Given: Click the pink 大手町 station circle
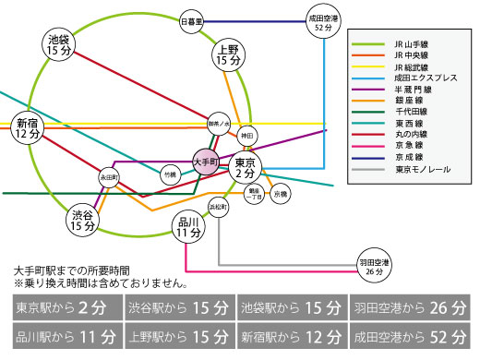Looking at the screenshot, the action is (208, 160).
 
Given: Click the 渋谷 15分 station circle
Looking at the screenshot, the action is (83, 219).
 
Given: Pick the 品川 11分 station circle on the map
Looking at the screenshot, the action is (189, 226).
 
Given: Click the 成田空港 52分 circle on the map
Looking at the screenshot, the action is (323, 20).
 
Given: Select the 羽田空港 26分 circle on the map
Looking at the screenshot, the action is (372, 268).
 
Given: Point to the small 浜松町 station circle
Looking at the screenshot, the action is (219, 206).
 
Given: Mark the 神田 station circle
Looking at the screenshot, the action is (246, 136).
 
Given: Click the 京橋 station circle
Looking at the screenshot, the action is (280, 195).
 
